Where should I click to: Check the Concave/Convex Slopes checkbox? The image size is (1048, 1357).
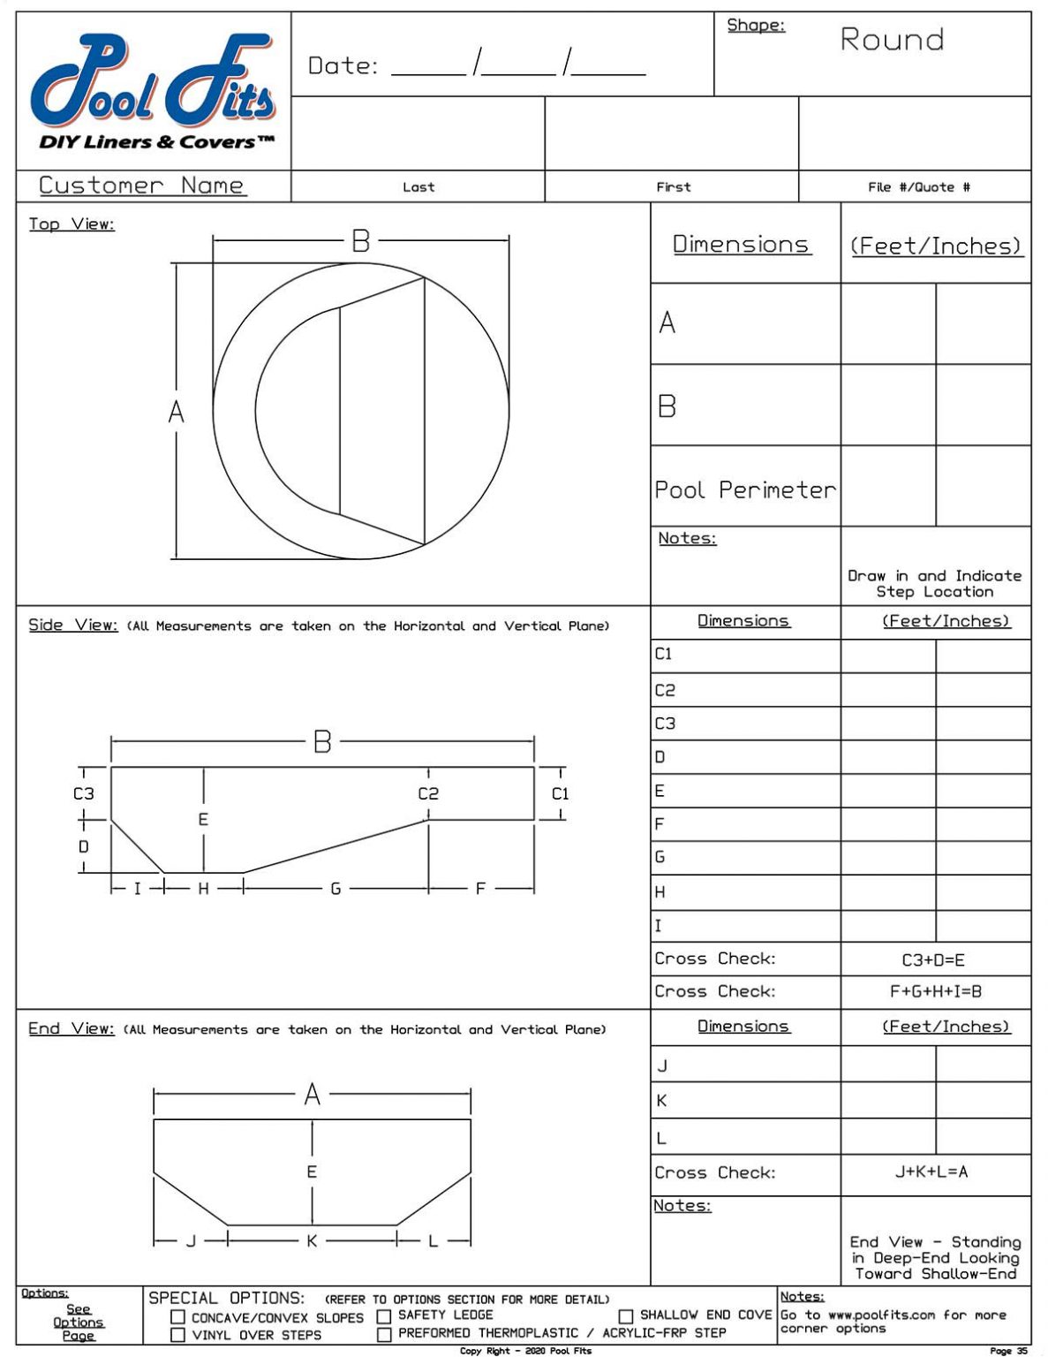click(177, 1317)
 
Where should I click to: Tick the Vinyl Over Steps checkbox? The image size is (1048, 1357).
click(177, 1335)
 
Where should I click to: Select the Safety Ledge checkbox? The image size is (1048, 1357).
click(384, 1316)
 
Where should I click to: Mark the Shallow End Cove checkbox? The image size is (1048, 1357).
click(625, 1316)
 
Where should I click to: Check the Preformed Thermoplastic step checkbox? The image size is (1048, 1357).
click(384, 1334)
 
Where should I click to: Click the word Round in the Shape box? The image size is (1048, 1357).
click(892, 40)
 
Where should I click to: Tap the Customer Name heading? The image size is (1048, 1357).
click(141, 186)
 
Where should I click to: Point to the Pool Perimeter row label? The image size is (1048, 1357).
click(744, 489)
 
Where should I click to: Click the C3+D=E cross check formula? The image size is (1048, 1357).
click(933, 959)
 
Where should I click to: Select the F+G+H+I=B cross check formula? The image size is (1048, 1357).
click(935, 992)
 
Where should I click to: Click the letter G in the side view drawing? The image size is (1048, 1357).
click(336, 889)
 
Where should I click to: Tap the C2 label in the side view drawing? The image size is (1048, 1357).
click(428, 793)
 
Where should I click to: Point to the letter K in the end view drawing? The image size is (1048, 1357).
click(312, 1241)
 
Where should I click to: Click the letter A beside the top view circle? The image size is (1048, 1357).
click(177, 412)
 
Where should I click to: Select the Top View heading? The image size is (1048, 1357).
click(72, 224)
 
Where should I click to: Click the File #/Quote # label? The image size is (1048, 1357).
click(918, 187)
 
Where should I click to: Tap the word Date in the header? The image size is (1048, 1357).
click(343, 66)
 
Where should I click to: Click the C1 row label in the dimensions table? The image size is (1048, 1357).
click(664, 655)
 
